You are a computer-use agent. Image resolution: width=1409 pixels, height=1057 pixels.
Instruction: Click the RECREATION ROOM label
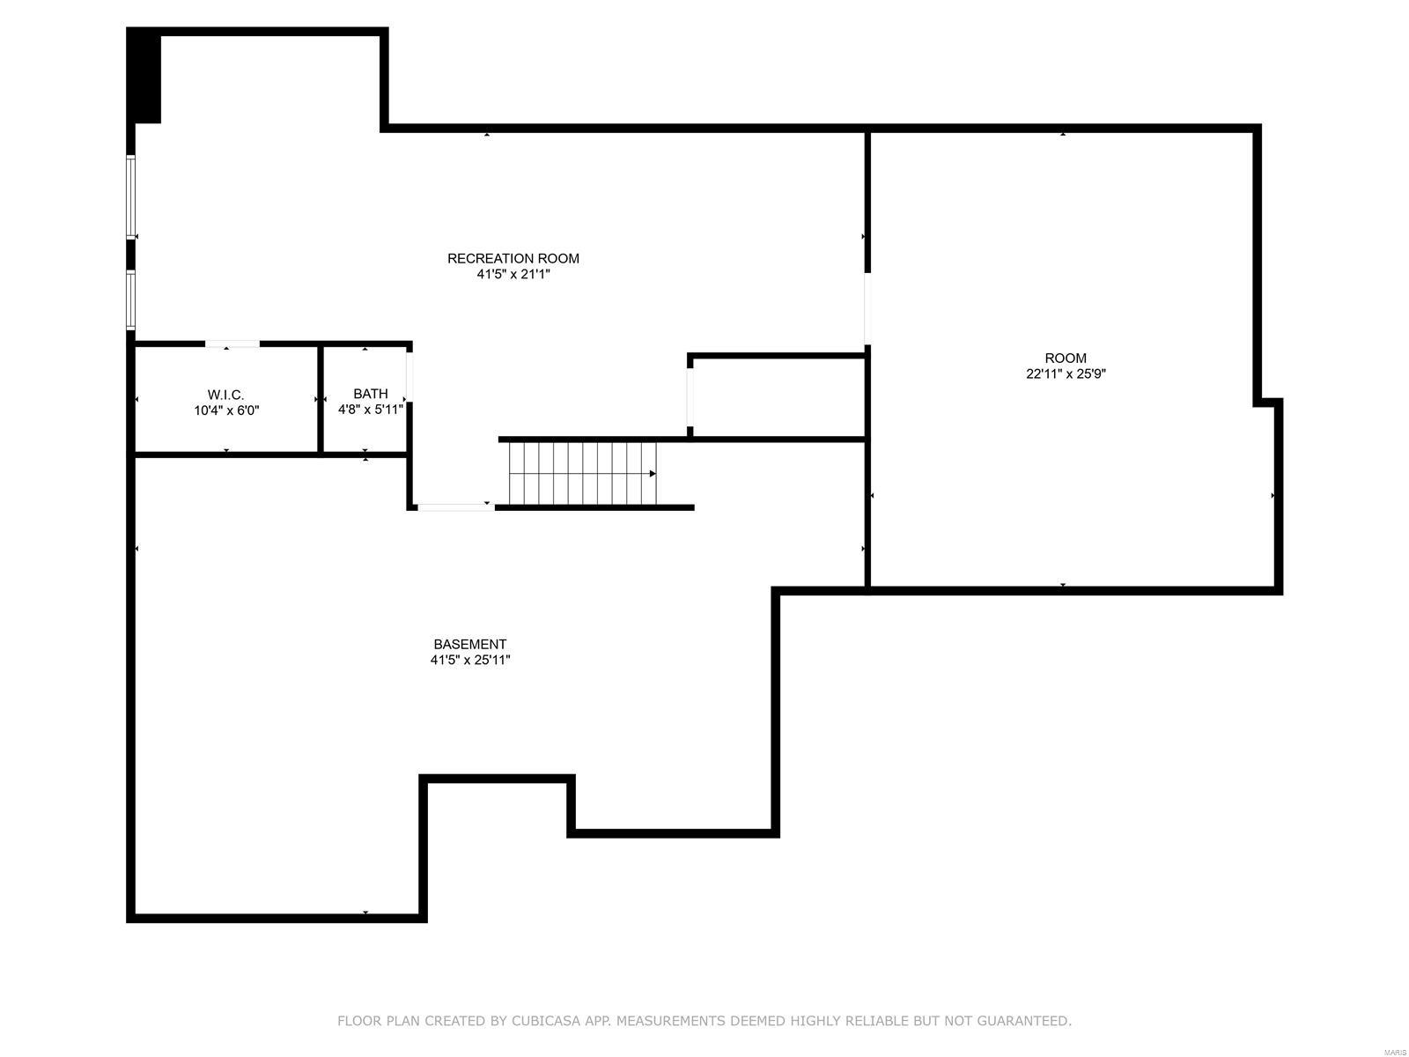point(513,258)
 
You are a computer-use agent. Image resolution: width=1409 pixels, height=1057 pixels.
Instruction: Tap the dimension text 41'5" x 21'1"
point(513,274)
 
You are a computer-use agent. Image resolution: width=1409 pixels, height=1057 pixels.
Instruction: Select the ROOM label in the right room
point(1066,358)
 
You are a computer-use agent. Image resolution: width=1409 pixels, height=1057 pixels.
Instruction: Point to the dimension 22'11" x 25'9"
point(1066,373)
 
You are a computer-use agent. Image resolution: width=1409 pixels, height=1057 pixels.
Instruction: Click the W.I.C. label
point(226,395)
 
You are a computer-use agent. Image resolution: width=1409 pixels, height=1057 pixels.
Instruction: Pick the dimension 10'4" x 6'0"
point(226,410)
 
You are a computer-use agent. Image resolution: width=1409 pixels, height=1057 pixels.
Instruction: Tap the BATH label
point(371,394)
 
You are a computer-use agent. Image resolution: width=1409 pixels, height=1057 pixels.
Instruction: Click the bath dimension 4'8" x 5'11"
point(371,410)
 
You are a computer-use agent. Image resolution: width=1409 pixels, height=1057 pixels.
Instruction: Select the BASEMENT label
point(470,644)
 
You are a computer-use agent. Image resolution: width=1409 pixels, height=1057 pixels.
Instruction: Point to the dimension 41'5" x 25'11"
point(470,660)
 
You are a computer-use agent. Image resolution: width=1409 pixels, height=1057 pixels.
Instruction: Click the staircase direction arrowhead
point(653,474)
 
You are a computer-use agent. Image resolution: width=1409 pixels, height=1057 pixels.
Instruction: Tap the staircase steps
point(581,474)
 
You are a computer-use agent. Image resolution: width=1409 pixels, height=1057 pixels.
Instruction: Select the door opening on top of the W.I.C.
point(232,344)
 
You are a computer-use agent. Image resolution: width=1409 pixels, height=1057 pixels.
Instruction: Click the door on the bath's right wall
point(409,377)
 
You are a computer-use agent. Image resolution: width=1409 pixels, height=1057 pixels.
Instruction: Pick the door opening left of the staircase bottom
point(454,506)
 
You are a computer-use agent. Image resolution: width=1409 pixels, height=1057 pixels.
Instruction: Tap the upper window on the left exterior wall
point(130,197)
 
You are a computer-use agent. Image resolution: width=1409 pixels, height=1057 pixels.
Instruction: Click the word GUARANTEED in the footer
point(1025,1021)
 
